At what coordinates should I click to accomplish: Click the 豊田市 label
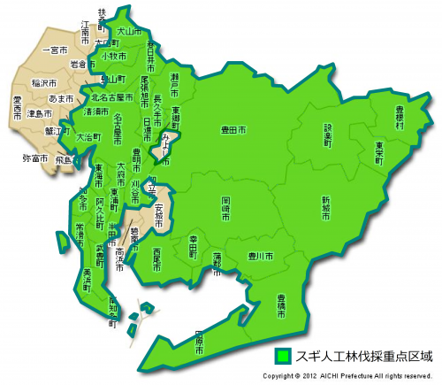click(233, 130)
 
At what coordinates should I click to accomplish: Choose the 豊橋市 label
click(281, 304)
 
